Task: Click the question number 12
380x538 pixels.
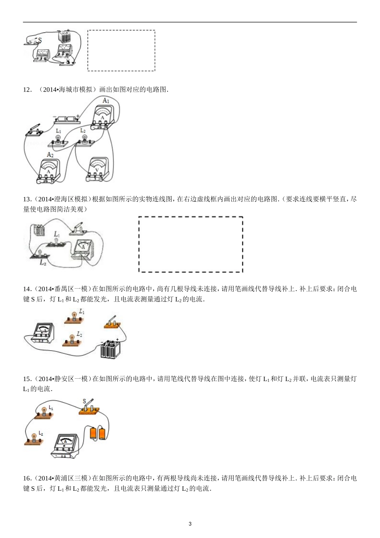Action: tap(27, 90)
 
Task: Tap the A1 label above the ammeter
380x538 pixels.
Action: tap(106, 101)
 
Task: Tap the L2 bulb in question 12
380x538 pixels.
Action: tap(84, 140)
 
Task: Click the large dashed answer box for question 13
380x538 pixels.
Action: tap(190, 244)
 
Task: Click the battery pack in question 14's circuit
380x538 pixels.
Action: tap(110, 349)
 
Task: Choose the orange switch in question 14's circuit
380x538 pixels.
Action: tap(112, 323)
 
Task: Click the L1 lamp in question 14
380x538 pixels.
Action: tap(74, 317)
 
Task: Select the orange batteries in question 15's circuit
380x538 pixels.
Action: tap(98, 433)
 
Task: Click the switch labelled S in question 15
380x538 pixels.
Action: tap(89, 408)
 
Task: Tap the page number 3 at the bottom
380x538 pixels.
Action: tap(190, 524)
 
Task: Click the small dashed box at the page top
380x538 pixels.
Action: tap(121, 51)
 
